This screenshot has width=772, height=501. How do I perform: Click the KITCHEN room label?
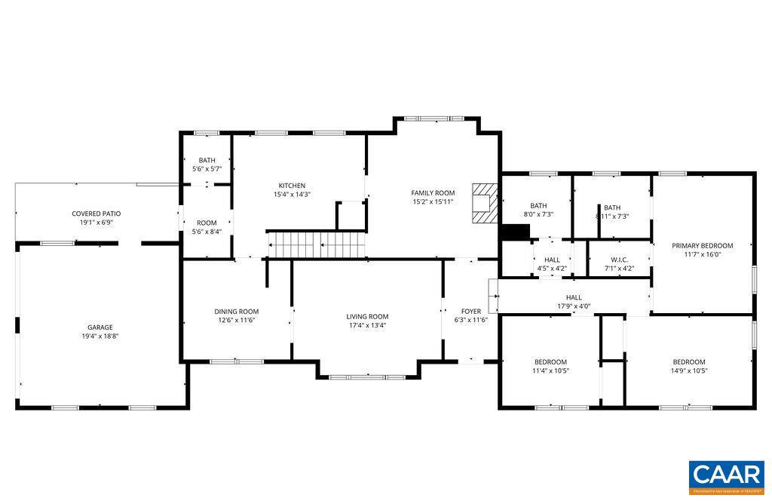coord(292,186)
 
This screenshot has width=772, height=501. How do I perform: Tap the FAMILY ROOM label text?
coord(433,193)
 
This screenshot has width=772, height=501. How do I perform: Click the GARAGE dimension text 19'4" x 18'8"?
coord(100,336)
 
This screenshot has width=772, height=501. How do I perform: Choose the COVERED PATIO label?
coord(96,214)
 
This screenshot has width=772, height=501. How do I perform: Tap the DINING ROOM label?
coord(237,312)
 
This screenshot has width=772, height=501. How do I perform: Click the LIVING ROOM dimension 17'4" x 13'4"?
coord(367,325)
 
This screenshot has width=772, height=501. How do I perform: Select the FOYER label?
coord(471,311)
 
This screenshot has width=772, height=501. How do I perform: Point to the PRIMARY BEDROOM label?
coord(703,245)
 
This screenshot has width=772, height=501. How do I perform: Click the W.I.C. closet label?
coord(619,260)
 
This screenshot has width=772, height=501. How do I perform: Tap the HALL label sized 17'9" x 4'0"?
coord(574,297)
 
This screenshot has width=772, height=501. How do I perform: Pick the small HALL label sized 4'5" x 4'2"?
coord(552,260)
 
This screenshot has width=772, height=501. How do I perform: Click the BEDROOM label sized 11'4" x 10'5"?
coord(550,361)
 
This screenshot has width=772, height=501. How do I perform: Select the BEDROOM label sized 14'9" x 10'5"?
coord(689,361)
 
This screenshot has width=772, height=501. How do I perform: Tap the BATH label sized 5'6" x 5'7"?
coord(207,160)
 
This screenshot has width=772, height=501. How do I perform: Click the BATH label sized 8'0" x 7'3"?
coord(538,205)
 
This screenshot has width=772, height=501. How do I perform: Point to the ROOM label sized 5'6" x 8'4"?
coord(207,223)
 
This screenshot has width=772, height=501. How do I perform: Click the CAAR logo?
coord(726,475)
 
